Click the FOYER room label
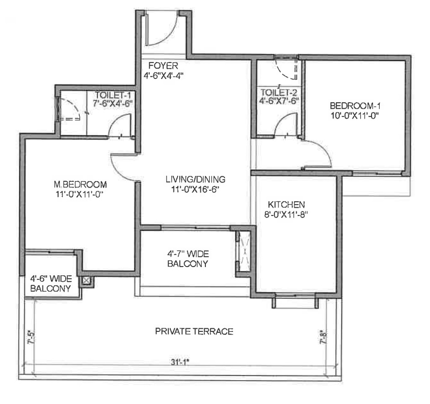pyautogui.click(x=163, y=66)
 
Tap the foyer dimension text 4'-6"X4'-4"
pyautogui.click(x=163, y=76)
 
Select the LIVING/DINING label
pyautogui.click(x=195, y=179)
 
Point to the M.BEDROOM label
pyautogui.click(x=80, y=184)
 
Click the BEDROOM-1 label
pyautogui.click(x=355, y=105)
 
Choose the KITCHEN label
pyautogui.click(x=286, y=205)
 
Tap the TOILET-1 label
pyautogui.click(x=113, y=95)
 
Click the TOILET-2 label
pyautogui.click(x=279, y=92)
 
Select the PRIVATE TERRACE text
pyautogui.click(x=194, y=331)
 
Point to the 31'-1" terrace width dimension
pyautogui.click(x=180, y=362)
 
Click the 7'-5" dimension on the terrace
pyautogui.click(x=31, y=338)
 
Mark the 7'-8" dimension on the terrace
pyautogui.click(x=323, y=337)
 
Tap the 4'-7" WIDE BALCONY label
pyautogui.click(x=188, y=259)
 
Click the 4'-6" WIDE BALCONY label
pyautogui.click(x=51, y=283)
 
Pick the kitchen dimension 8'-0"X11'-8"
pyautogui.click(x=286, y=214)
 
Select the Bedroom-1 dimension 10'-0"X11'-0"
pyautogui.click(x=355, y=115)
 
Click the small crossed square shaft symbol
pyautogui.click(x=86, y=281)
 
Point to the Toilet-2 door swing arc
pyautogui.click(x=281, y=119)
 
